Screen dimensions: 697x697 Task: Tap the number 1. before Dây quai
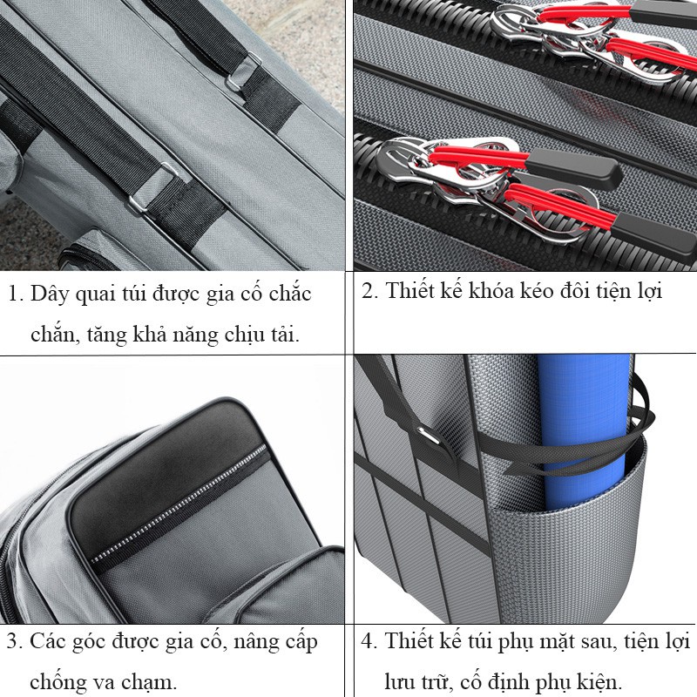point(16,294)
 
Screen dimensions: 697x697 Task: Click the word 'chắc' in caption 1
point(290,294)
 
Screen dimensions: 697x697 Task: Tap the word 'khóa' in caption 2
point(494,291)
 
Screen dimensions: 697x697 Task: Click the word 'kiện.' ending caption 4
point(599,681)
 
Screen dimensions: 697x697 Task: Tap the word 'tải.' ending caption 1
point(285,334)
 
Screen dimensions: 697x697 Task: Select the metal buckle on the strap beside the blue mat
point(430,436)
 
